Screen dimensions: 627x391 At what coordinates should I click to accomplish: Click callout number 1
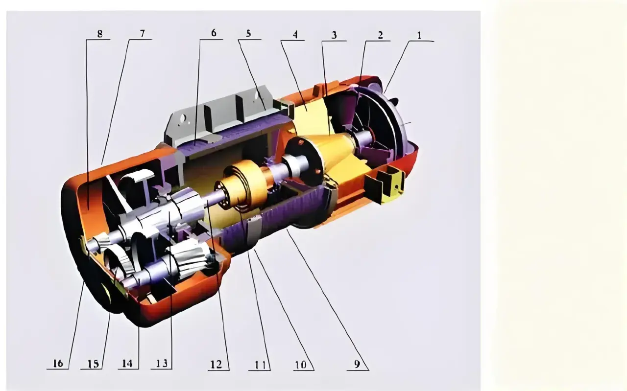coord(419,36)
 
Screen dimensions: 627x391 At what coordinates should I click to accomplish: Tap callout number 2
coord(380,35)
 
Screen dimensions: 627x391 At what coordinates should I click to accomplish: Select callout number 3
coord(334,35)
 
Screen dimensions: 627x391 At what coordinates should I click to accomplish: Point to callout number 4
coord(295,34)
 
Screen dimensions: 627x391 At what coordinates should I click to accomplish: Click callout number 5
coord(248,34)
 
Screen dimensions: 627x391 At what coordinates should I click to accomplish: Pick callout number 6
coord(214,33)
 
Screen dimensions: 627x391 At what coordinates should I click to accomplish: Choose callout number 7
coord(142,34)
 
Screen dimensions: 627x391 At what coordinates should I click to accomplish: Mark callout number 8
coord(99,34)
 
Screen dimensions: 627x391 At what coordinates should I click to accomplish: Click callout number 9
coord(357,364)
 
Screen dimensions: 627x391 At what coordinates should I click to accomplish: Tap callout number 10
coord(301,365)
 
